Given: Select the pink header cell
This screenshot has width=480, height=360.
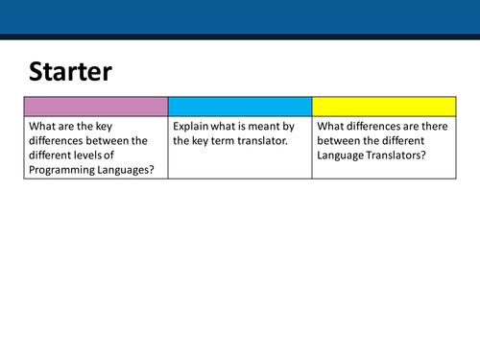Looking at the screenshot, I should point(96,106).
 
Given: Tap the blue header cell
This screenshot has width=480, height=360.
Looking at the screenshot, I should point(240,106).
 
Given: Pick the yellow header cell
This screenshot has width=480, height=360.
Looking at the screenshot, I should point(383,106).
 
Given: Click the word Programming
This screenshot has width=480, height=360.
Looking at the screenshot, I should point(63,170).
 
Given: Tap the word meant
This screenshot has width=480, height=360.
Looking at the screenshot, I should point(276,125).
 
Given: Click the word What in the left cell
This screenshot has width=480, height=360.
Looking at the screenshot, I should point(43,125).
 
